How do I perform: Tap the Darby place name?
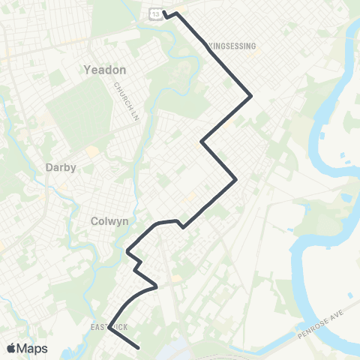coord(61,168)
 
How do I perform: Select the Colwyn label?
coord(105,221)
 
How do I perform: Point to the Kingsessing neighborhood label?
coord(230,46)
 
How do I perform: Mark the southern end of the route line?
coord(140,347)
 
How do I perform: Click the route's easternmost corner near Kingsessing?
coord(250,95)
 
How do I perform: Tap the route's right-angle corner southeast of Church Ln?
coord(201,141)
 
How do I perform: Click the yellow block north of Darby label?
coord(92,151)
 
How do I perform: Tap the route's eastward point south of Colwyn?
coord(156,286)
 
